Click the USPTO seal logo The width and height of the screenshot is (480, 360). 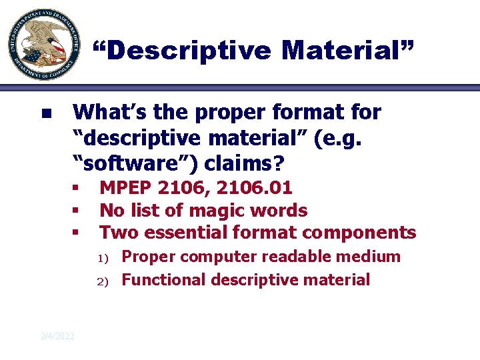(x=41, y=45)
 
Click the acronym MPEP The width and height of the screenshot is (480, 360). (x=125, y=189)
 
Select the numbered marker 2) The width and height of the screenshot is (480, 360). (x=103, y=281)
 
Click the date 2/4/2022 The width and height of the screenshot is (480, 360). (x=57, y=335)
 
